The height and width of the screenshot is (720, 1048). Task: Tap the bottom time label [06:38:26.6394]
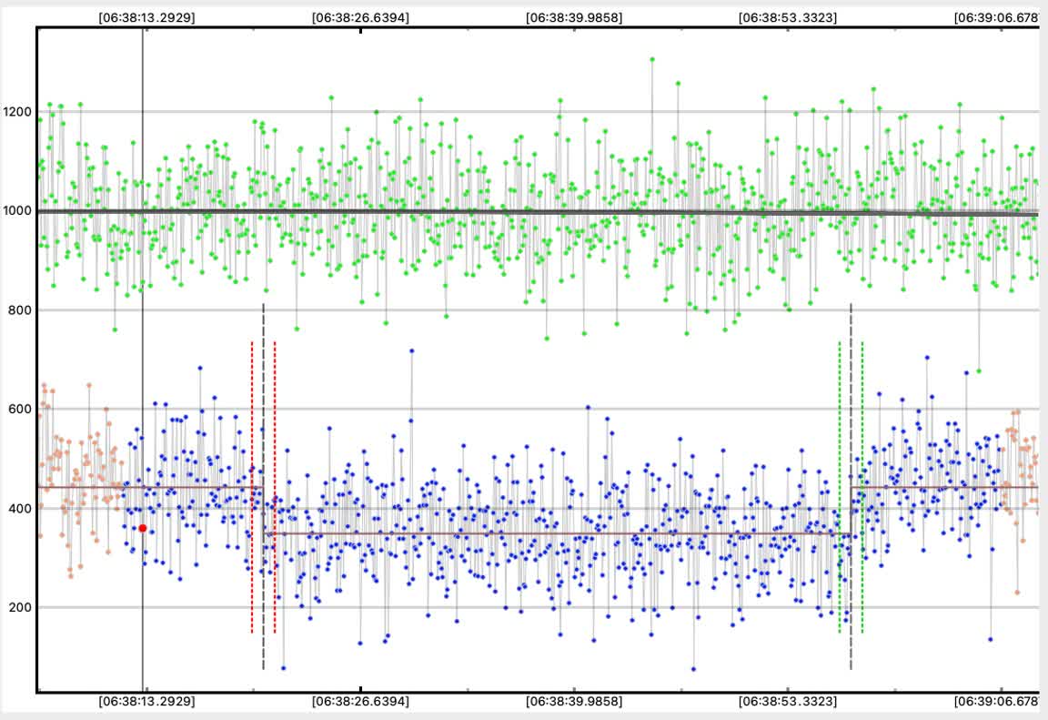(359, 702)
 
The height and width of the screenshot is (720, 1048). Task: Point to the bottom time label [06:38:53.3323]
(788, 702)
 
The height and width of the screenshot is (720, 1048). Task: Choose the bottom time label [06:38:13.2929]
(146, 702)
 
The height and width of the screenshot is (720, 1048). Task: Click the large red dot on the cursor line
(143, 528)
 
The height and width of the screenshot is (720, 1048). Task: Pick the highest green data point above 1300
(652, 59)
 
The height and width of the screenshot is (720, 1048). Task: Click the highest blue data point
(411, 350)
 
